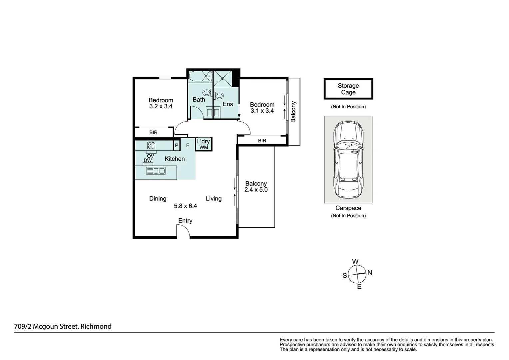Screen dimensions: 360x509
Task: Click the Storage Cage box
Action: click(348, 89)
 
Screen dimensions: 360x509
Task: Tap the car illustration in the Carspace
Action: click(348, 159)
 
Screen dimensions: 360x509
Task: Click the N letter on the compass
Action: click(369, 273)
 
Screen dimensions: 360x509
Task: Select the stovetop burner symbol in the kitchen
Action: click(151, 145)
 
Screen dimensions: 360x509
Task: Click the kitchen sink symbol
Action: click(156, 171)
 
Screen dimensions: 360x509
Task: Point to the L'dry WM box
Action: click(204, 144)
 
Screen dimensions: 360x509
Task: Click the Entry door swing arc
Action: click(183, 230)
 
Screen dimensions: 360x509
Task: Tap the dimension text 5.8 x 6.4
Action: click(185, 206)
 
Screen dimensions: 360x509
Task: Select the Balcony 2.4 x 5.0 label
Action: click(256, 187)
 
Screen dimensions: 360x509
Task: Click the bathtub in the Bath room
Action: click(200, 76)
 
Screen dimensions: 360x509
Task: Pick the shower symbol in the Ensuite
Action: click(223, 78)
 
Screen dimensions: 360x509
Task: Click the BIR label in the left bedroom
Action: click(153, 132)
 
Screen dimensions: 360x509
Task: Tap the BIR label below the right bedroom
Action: click(262, 141)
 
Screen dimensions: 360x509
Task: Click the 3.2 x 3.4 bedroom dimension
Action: click(161, 107)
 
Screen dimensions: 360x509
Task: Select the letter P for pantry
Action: click(177, 145)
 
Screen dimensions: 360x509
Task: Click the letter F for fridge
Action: click(188, 145)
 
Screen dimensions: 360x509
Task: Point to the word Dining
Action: click(158, 199)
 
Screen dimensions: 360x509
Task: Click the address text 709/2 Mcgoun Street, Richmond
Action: click(63, 326)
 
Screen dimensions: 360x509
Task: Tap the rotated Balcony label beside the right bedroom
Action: click(293, 112)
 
